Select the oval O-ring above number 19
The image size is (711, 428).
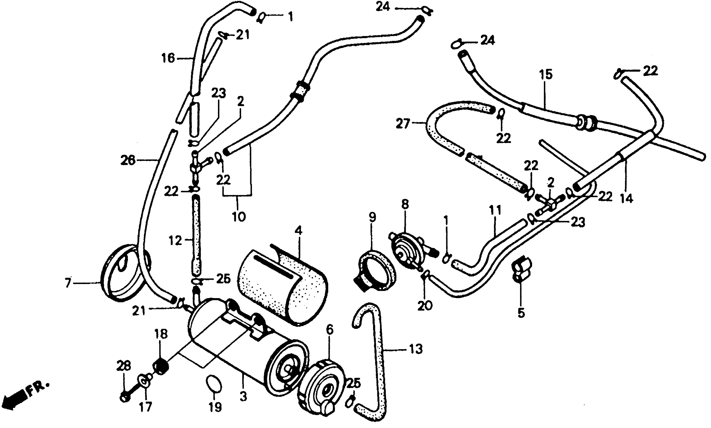point(214,384)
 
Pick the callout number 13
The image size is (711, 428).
point(415,349)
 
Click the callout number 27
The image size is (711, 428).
point(403,125)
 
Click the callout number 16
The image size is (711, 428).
point(168,59)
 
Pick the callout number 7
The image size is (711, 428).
point(68,283)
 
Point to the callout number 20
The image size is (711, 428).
point(425,305)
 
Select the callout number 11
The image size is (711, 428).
point(495,210)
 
